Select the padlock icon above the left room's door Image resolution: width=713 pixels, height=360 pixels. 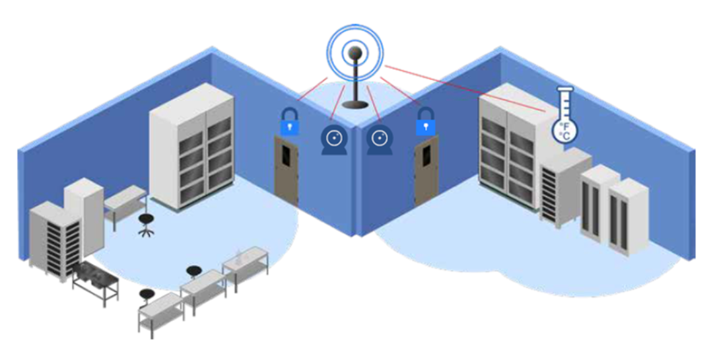click(x=289, y=122)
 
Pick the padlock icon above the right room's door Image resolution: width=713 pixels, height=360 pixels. click(x=425, y=122)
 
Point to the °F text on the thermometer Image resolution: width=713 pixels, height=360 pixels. click(x=565, y=124)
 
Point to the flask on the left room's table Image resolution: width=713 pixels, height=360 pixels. click(x=238, y=254)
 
